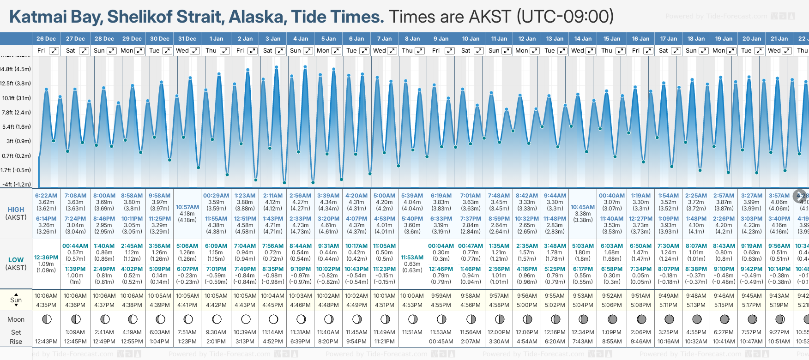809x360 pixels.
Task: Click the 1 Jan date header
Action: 216,39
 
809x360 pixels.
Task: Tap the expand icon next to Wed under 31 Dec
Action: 195,51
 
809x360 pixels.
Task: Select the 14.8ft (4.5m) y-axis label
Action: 16,69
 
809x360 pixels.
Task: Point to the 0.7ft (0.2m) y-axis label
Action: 16,156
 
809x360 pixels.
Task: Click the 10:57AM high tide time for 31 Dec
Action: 187,207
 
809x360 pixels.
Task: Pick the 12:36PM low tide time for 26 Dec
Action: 46,258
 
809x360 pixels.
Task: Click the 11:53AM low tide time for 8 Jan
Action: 412,258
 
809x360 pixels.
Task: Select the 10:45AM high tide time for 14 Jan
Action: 583,207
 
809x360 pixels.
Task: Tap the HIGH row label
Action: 16,210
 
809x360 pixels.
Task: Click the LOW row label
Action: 16,260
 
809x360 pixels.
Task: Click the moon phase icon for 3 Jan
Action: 273,319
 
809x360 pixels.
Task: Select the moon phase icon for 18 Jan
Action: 697,319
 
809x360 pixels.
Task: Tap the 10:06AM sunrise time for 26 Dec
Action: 46,296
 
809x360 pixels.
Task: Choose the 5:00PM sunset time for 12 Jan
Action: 527,305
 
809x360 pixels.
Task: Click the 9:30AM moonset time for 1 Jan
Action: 216,332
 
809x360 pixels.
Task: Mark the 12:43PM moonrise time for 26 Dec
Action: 46,342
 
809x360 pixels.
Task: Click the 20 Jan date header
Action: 752,39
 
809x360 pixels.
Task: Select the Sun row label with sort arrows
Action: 16,300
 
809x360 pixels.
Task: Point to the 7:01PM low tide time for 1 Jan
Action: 216,269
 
